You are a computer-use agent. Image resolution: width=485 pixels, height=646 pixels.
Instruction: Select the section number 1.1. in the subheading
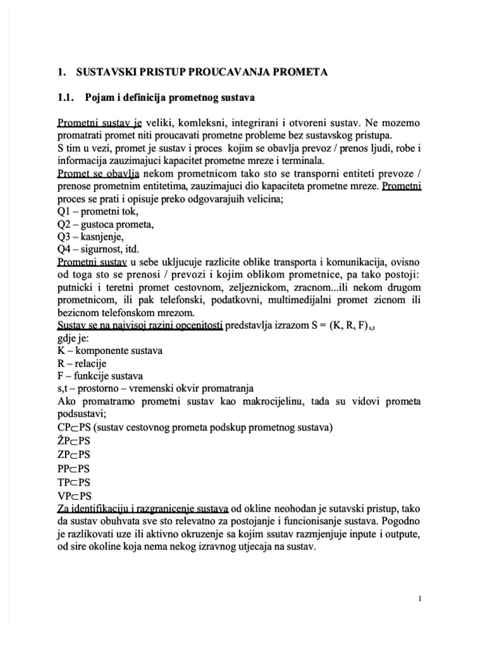[x=66, y=98]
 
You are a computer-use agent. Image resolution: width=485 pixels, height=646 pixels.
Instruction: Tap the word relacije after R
[x=93, y=363]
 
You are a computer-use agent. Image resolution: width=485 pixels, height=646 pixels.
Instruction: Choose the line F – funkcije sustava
[x=100, y=376]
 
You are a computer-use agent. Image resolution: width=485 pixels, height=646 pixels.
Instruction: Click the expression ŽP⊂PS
[x=74, y=440]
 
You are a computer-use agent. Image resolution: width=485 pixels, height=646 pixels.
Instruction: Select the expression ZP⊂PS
[x=74, y=454]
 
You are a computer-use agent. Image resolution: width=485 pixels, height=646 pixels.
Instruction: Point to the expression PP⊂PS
[x=73, y=468]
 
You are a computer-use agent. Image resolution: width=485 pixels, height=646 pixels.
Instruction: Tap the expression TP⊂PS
[x=73, y=482]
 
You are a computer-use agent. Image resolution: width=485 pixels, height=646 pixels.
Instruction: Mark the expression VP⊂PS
[x=74, y=496]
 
